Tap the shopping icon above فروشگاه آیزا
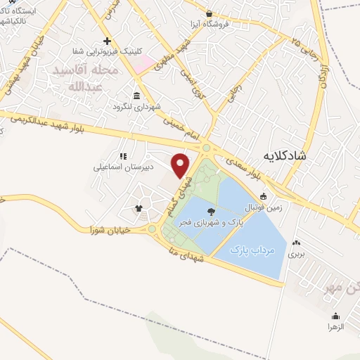click(209, 13)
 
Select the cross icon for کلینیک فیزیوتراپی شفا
click(107, 41)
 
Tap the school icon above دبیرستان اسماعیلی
click(122, 156)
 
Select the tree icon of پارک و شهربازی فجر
click(210, 210)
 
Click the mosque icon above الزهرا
click(335, 316)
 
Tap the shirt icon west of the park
click(139, 208)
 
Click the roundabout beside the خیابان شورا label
click(152, 229)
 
